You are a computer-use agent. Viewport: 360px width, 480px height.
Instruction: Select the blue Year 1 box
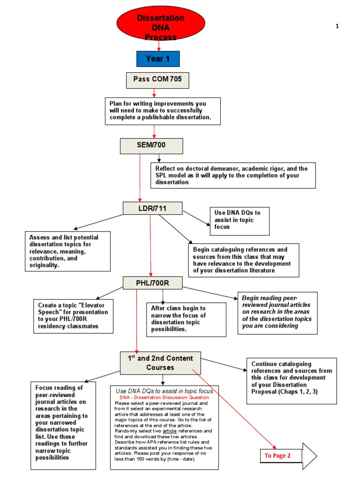coord(157,59)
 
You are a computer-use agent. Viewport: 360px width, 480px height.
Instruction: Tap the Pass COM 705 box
coord(157,80)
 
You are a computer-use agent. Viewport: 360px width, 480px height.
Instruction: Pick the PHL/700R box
coord(152,283)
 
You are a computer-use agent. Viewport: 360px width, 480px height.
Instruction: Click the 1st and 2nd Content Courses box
coord(161,363)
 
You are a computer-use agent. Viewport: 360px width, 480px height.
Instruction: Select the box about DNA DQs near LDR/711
coord(240,220)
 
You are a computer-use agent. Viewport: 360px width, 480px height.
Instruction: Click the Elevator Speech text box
coord(73,316)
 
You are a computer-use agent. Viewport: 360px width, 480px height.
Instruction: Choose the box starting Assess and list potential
coord(68,251)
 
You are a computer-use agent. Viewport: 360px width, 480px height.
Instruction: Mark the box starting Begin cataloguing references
coord(243,260)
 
